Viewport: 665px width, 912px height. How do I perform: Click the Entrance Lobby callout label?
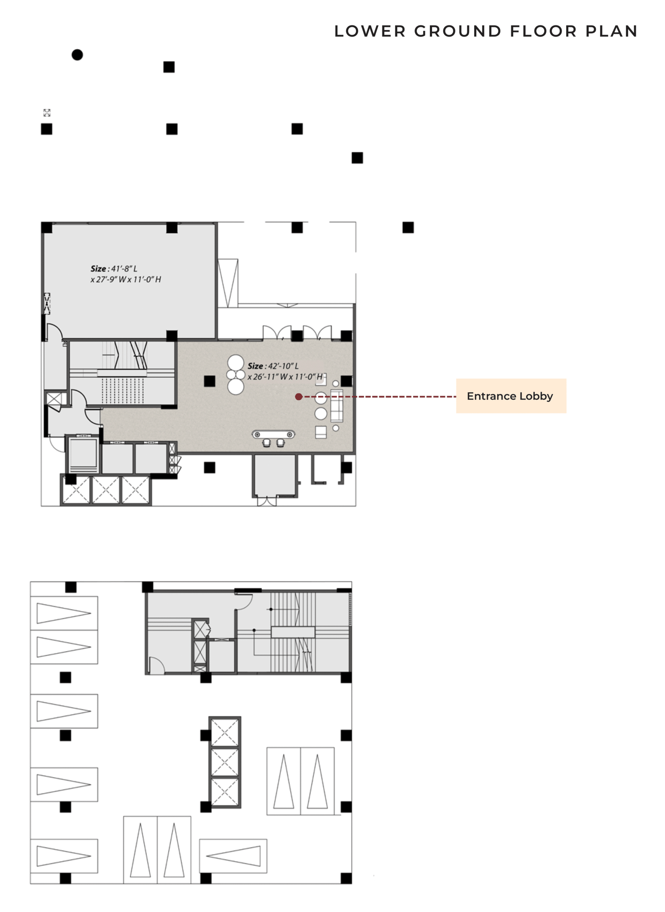(x=510, y=396)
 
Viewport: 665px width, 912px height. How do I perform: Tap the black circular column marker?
(x=77, y=55)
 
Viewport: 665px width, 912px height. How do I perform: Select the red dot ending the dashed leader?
(x=298, y=397)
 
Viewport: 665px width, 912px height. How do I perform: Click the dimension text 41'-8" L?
(x=124, y=269)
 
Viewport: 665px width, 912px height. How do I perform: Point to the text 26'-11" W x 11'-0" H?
(x=285, y=377)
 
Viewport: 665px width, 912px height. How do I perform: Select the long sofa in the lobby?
(x=336, y=406)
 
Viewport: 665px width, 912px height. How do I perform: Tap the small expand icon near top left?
(x=47, y=113)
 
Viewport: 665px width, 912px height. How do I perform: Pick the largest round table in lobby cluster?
(x=236, y=362)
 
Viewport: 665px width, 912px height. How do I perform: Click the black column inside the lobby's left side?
(x=209, y=381)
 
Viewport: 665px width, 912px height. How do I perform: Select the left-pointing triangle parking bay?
(x=233, y=856)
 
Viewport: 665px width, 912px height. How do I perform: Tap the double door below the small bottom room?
(x=266, y=501)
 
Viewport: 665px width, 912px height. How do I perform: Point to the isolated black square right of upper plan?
(x=408, y=228)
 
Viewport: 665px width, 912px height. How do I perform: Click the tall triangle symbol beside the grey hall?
(x=228, y=283)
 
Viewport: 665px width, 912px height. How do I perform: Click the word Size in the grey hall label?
(x=98, y=269)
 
